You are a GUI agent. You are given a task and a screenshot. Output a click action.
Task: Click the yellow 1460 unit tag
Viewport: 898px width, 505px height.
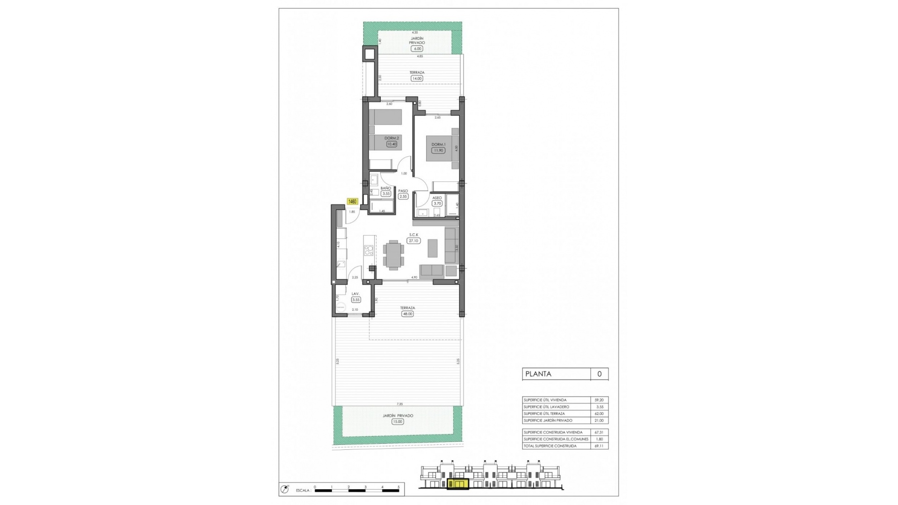(x=352, y=202)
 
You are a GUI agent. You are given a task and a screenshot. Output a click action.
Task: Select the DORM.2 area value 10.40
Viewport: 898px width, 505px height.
(x=391, y=144)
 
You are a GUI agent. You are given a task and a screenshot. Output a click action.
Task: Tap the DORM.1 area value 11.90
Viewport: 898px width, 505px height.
(x=438, y=151)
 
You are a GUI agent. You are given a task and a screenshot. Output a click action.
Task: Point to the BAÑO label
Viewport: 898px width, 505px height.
(x=386, y=188)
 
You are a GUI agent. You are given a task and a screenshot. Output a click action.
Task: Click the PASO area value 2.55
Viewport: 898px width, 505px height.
(x=403, y=196)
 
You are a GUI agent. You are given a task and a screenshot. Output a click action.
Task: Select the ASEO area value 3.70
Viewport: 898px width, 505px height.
(x=437, y=203)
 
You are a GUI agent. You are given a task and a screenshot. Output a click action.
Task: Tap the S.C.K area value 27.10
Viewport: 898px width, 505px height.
(x=413, y=241)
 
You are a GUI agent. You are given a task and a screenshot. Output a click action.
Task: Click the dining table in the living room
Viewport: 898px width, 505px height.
(x=393, y=255)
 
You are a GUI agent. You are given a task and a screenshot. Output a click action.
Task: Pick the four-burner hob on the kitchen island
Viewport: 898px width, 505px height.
(x=369, y=250)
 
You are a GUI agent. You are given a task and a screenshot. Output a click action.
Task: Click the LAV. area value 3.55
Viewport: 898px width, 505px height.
(x=356, y=300)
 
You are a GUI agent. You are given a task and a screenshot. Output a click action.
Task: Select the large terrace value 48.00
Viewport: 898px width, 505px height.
(x=407, y=314)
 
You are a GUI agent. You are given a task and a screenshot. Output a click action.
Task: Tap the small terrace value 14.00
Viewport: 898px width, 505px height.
(x=417, y=79)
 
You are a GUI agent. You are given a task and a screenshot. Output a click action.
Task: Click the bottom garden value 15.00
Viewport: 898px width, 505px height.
(x=398, y=421)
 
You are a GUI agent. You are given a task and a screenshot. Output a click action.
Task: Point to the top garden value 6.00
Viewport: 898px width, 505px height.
(x=417, y=49)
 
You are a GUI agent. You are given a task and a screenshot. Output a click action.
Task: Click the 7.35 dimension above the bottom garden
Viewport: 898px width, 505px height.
(x=399, y=404)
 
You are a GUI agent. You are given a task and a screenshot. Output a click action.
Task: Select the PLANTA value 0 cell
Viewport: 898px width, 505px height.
(x=599, y=374)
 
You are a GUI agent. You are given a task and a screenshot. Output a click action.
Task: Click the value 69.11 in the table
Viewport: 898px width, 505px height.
(x=599, y=446)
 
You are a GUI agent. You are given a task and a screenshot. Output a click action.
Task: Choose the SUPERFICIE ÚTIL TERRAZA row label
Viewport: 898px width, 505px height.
(x=544, y=413)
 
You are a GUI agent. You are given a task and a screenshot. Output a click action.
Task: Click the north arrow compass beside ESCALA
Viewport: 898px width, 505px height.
(x=284, y=490)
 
